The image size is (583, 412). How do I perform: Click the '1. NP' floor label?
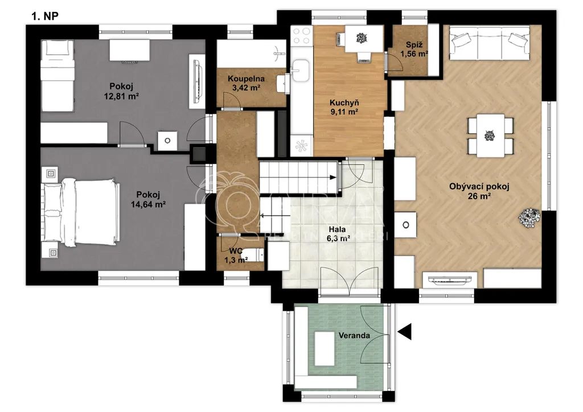tap(45, 17)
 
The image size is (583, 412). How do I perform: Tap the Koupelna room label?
tap(246, 79)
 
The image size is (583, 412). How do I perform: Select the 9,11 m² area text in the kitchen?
tap(344, 112)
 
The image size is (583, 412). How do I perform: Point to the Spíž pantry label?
tap(414, 45)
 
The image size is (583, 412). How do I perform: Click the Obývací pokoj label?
tap(479, 187)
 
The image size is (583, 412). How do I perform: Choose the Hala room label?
tap(337, 229)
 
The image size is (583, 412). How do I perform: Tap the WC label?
tap(236, 252)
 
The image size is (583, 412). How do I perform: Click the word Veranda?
tap(354, 336)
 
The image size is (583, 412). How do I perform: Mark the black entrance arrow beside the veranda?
tap(405, 331)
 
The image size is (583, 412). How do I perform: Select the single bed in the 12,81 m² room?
tap(58, 76)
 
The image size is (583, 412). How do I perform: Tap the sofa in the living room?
tap(490, 43)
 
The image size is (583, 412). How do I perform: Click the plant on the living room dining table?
tap(490, 135)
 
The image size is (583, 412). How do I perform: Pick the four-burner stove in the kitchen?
tap(302, 36)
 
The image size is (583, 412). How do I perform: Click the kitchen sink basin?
tap(301, 71)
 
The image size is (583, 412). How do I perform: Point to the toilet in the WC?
tap(256, 256)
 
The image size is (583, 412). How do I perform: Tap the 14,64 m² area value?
tap(148, 204)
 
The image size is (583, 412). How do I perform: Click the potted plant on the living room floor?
tap(529, 218)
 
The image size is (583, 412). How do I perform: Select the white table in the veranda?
tap(325, 349)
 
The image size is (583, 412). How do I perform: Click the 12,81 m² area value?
tap(121, 96)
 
